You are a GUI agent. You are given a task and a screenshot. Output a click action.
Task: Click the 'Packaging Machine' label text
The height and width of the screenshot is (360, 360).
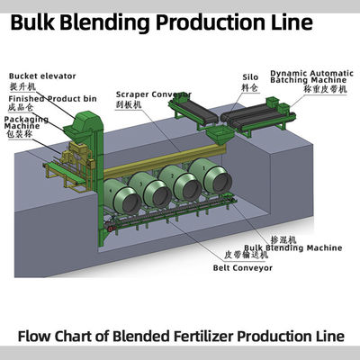(x=31, y=122)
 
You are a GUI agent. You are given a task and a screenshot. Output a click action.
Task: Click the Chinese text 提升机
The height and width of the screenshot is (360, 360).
(x=22, y=86)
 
